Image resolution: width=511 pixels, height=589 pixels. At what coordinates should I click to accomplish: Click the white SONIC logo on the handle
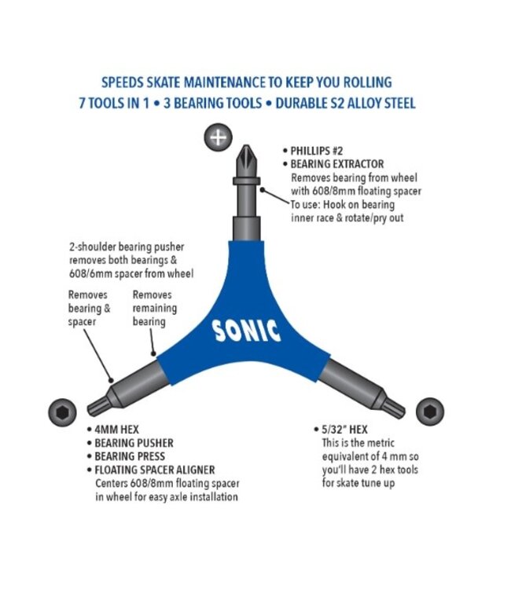tap(246, 331)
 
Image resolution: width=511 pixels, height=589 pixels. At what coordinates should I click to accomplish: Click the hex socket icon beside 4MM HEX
tap(62, 412)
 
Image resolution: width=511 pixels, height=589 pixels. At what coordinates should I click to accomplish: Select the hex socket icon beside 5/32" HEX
tap(430, 412)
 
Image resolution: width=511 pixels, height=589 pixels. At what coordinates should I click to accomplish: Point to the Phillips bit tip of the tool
tap(246, 161)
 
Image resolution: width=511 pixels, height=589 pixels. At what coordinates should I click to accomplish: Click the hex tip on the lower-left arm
tap(97, 407)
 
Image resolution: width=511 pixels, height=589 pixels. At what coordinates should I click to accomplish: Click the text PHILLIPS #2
tap(317, 151)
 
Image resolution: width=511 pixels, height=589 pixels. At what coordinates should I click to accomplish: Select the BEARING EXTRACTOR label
tap(337, 164)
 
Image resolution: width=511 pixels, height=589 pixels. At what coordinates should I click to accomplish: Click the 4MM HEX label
tap(116, 430)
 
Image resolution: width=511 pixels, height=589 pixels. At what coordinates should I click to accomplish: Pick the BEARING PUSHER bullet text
tap(134, 443)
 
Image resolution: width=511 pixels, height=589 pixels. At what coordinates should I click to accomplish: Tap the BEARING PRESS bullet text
tap(130, 456)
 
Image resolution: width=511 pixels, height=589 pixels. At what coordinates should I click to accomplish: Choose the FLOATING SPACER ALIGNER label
tap(155, 470)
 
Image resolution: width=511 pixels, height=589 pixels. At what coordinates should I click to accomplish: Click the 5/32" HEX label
tap(345, 430)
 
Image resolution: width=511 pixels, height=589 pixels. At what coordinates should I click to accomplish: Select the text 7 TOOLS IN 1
tap(114, 103)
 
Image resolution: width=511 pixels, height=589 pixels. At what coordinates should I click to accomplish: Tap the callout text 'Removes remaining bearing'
tap(155, 308)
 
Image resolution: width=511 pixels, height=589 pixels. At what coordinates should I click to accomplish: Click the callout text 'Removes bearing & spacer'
tap(90, 308)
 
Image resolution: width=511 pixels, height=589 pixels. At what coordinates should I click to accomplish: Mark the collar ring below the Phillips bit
tap(246, 181)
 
